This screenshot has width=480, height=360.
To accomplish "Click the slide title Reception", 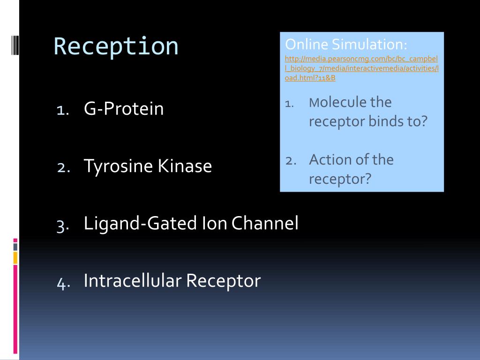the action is point(116,46).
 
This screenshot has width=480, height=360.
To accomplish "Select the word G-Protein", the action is point(124,109).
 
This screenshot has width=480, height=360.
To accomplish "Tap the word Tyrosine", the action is point(118,166).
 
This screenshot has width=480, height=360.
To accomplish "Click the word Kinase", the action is point(185,165).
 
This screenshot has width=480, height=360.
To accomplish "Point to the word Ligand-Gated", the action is point(140,223).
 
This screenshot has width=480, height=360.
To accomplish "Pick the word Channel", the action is point(265,223).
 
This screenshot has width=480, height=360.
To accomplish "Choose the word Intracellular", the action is point(133,280).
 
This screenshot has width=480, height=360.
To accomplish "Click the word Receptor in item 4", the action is point(224,281).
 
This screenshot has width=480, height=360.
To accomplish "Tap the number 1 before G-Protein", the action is point(63,110).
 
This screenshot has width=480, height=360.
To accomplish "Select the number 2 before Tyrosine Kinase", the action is point(64,167).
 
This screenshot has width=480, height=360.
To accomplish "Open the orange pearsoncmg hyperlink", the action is point(361,68).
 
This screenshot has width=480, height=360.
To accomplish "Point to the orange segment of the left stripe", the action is point(15,258).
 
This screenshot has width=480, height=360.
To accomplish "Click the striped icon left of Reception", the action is point(15,45).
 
